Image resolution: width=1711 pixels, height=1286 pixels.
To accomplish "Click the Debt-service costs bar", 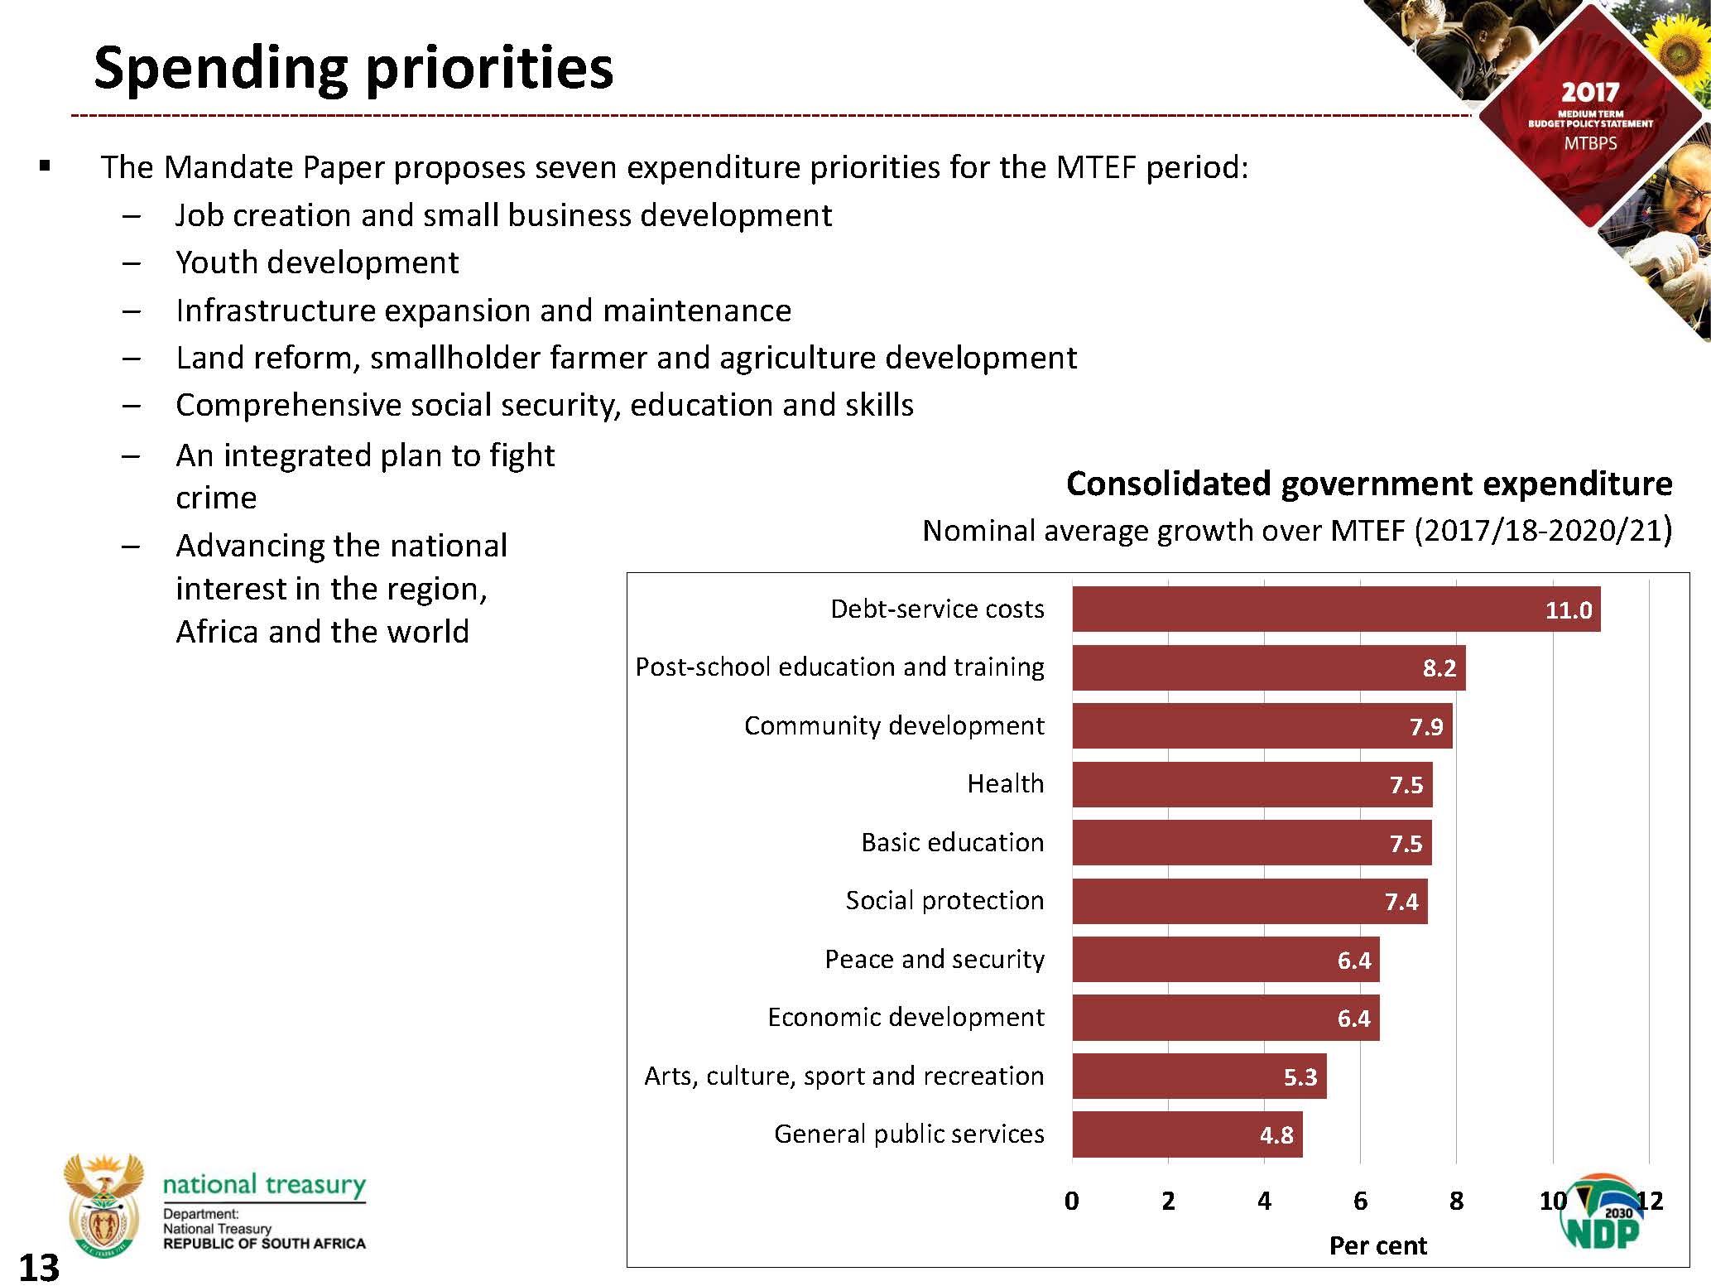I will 1335,609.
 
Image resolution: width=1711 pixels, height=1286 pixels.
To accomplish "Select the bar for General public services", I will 1186,1134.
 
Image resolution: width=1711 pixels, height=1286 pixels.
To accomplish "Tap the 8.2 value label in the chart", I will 1439,668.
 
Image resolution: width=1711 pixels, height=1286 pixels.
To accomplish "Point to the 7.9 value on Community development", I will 1425,727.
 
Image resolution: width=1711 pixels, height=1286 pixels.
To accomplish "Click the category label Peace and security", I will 935,959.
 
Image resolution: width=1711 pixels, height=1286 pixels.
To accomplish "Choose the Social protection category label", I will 944,900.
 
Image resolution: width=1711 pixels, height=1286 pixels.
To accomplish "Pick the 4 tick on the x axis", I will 1264,1201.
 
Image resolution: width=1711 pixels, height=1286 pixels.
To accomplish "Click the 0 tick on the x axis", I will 1072,1201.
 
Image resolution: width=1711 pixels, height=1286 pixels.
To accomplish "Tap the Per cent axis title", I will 1377,1245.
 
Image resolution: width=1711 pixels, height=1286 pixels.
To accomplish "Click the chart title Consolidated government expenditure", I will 1368,484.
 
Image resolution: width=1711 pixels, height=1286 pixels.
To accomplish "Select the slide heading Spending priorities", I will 353,67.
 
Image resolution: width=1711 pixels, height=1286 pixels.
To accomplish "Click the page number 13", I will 38,1268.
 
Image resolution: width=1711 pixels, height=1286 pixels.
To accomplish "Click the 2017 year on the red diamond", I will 1589,92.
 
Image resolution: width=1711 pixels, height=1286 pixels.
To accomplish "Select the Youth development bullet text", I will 317,262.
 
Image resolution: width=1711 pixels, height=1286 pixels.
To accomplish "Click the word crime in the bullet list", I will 216,498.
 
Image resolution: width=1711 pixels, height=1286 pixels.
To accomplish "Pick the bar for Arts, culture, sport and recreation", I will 1199,1076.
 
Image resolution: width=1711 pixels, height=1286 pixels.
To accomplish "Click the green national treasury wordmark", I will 264,1184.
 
